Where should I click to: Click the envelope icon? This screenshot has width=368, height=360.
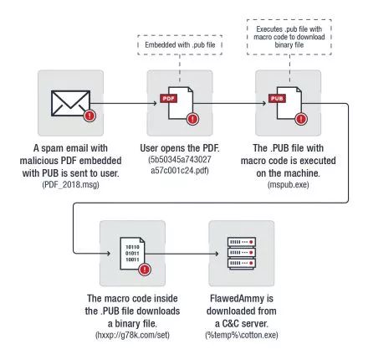click(70, 103)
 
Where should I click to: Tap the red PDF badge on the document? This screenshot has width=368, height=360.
click(168, 99)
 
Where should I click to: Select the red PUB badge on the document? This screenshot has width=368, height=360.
click(277, 99)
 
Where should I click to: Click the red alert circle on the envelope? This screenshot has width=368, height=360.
click(89, 116)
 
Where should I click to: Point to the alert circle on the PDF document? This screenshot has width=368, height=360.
click(192, 119)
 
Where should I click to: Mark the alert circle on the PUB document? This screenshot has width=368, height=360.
click(301, 119)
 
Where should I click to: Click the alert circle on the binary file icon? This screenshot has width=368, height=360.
click(145, 270)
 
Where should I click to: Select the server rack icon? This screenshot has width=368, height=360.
click(242, 253)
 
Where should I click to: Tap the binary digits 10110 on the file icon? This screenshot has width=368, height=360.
click(132, 247)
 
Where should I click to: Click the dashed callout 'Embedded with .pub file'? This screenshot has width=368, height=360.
click(180, 45)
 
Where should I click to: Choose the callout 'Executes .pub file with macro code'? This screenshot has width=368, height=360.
click(289, 37)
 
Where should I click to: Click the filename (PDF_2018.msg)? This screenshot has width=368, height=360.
click(70, 185)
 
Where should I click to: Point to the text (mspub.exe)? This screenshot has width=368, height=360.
click(289, 185)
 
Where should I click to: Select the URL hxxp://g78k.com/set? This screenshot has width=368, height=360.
click(132, 335)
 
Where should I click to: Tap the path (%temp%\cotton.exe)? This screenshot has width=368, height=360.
click(242, 335)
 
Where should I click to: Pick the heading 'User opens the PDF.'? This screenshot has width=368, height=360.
click(180, 148)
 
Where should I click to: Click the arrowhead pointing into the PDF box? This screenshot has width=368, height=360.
click(155, 103)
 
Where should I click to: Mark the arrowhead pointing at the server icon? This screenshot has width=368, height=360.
click(217, 254)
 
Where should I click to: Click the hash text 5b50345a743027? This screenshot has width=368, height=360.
click(180, 160)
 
